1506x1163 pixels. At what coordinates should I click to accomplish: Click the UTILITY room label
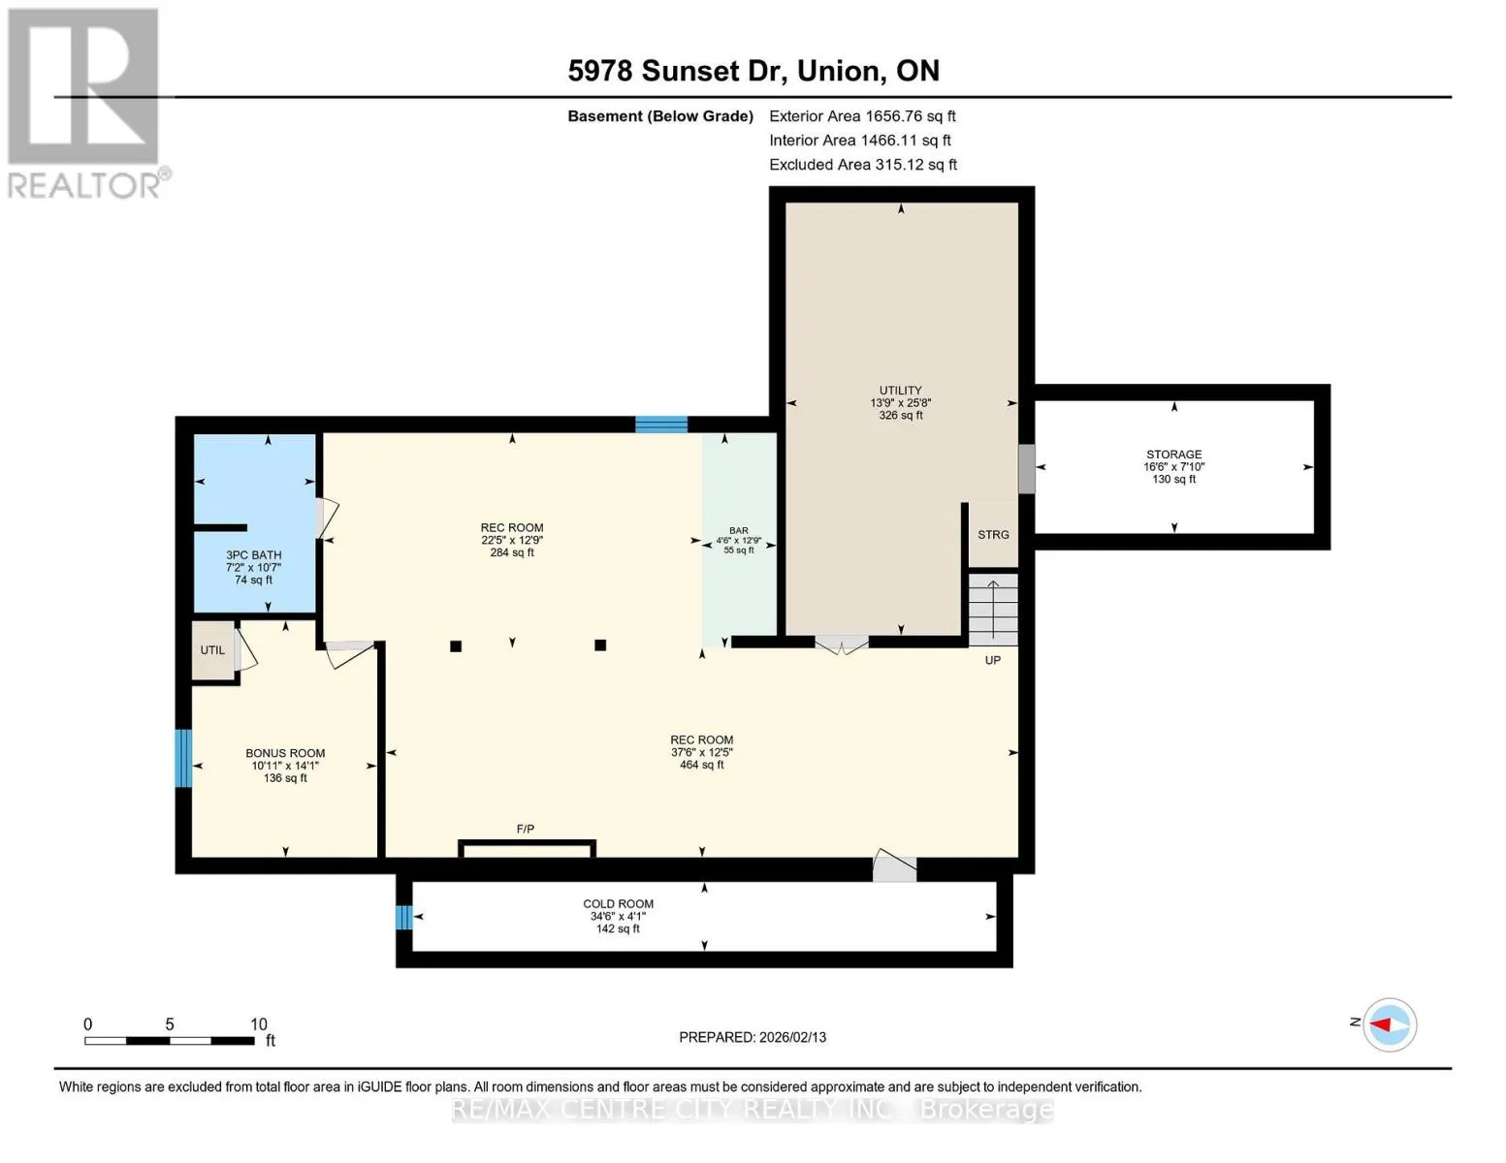[x=900, y=390]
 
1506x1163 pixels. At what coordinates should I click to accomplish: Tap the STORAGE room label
[x=1173, y=455]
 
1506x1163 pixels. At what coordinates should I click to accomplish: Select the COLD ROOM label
[x=618, y=903]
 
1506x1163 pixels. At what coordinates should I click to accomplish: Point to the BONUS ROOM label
[x=285, y=753]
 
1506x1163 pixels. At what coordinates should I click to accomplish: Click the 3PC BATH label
[x=254, y=554]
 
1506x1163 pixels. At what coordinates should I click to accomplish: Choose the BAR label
[x=738, y=530]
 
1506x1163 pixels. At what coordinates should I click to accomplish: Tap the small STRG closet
[x=993, y=535]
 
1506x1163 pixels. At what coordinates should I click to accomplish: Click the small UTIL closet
[x=212, y=649]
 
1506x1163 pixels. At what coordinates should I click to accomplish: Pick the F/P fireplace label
[x=526, y=829]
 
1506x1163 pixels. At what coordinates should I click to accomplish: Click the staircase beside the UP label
[x=992, y=610]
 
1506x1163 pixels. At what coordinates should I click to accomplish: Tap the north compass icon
[x=1390, y=1024]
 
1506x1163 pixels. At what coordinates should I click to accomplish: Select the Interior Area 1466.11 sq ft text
[x=859, y=140]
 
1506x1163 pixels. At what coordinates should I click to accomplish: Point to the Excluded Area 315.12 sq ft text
[x=863, y=164]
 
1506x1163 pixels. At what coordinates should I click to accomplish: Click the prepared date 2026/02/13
[x=792, y=1037]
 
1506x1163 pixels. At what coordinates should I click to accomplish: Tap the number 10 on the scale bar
[x=259, y=1023]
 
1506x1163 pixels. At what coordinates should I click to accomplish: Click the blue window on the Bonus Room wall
[x=183, y=758]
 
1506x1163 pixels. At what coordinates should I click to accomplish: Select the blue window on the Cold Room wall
[x=404, y=917]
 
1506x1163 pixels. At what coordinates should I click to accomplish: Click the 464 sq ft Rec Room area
[x=701, y=765]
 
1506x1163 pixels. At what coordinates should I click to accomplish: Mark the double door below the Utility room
[x=842, y=644]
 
